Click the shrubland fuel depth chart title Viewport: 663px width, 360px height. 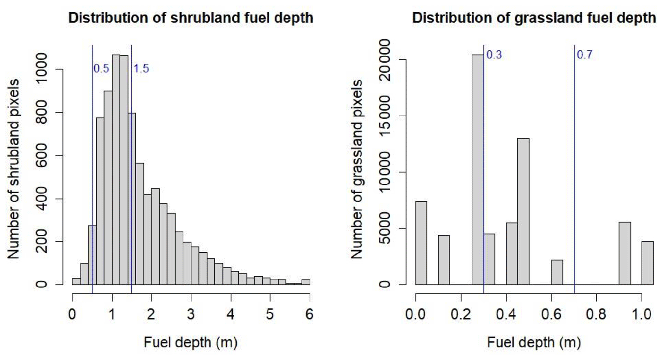[x=191, y=18]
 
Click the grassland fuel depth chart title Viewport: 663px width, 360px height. [x=534, y=18]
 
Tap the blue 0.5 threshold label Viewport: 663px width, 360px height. [x=101, y=69]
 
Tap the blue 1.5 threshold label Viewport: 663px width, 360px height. [x=141, y=69]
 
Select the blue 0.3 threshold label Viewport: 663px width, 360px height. [x=494, y=55]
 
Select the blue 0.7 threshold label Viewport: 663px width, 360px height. [x=584, y=55]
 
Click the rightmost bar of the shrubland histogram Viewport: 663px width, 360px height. [x=306, y=282]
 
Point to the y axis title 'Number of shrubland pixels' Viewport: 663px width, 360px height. [x=13, y=169]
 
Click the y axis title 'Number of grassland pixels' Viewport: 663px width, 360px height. [x=357, y=169]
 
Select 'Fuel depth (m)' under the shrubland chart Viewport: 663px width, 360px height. [x=191, y=342]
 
